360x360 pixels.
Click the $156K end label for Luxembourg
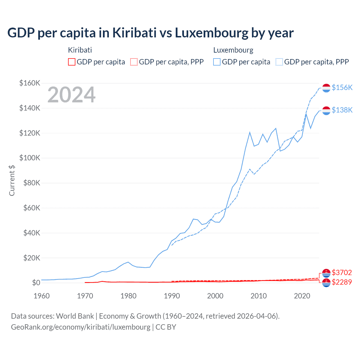click(x=342, y=87)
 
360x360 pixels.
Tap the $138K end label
click(x=342, y=110)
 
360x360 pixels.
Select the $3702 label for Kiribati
click(x=342, y=273)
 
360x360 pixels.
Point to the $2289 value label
click(x=342, y=282)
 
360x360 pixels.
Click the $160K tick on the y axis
click(x=30, y=83)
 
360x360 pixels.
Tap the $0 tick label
click(x=36, y=283)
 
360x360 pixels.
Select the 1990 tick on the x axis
click(x=172, y=296)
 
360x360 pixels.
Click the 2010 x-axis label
click(x=258, y=296)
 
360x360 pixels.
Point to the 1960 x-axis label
click(x=42, y=296)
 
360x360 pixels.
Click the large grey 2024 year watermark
click(x=71, y=95)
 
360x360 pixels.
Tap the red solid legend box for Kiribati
click(x=72, y=62)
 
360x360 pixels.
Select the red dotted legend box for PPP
click(x=134, y=62)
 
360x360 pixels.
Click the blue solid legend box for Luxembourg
click(x=217, y=62)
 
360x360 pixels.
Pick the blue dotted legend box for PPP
click(x=279, y=62)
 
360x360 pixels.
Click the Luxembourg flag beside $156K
click(x=326, y=88)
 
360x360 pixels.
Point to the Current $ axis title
click(x=12, y=180)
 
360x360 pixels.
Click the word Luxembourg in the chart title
click(x=211, y=33)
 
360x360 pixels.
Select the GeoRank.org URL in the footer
click(x=81, y=327)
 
